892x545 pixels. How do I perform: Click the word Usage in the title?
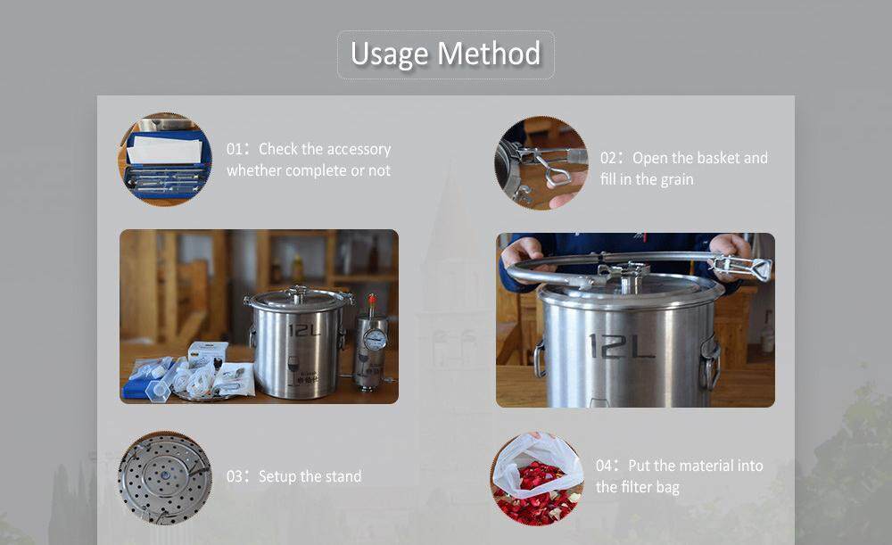tap(389, 54)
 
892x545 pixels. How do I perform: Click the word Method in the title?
tap(489, 54)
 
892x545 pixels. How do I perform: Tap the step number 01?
tap(235, 149)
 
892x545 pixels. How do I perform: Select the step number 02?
tap(608, 158)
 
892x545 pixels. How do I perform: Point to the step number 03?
tap(235, 476)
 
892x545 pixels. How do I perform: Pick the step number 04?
tap(604, 466)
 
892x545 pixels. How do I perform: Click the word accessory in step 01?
tap(359, 150)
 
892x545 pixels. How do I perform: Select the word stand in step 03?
tap(343, 476)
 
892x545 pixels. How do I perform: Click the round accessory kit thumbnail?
tap(165, 160)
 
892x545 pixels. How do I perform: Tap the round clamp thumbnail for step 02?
tap(541, 163)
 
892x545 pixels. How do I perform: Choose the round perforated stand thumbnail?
tap(165, 478)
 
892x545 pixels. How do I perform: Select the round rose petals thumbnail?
tap(538, 478)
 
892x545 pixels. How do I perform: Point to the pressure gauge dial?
tap(375, 340)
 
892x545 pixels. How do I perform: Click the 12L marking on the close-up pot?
tap(622, 346)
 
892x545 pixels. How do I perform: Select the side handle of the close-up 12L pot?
tap(709, 362)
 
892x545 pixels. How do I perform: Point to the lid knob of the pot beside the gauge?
tap(297, 293)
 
